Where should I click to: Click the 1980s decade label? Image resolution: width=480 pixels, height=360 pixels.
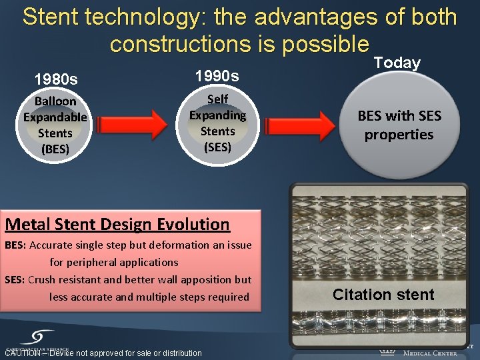56,79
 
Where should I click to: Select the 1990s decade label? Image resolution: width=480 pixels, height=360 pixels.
216,75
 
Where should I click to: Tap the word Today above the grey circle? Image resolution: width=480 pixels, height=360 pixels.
397,63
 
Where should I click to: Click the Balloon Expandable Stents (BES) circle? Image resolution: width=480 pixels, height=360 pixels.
55,125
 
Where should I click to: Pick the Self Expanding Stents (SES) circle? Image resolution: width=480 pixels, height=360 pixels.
217,123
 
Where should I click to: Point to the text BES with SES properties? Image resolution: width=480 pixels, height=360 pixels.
399,125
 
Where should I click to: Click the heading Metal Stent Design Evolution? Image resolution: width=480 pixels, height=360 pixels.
117,225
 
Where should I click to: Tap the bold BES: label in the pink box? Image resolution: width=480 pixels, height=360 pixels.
15,245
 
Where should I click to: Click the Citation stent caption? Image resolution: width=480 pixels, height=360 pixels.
383,295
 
